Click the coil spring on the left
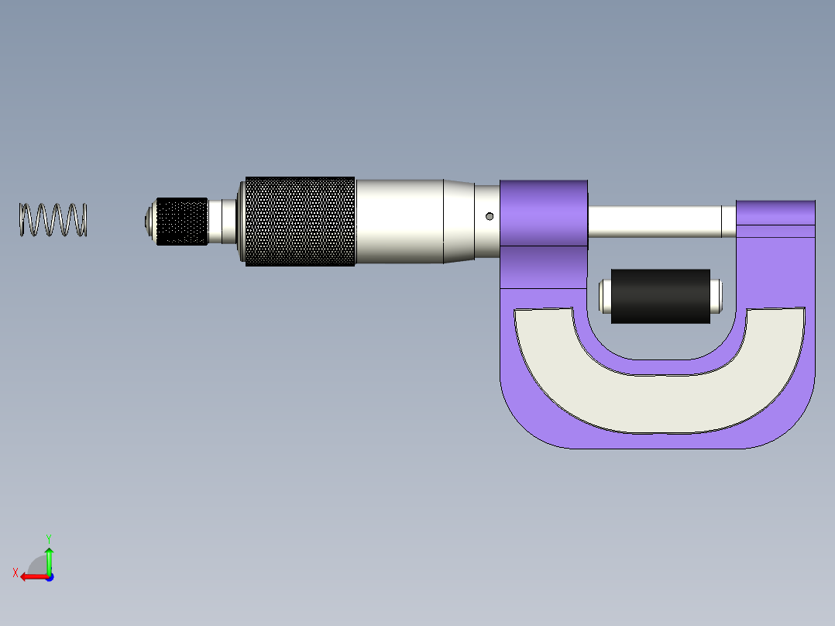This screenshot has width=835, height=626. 53,220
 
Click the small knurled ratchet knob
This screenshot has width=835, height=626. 182,222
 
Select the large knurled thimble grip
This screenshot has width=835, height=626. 300,222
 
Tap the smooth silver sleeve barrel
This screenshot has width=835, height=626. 399,222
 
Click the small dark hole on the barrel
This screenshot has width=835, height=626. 490,216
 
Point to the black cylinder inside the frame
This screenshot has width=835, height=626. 660,296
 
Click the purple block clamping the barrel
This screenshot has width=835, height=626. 543,213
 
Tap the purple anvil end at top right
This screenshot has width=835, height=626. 775,218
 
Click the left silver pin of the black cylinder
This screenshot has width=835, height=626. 605,296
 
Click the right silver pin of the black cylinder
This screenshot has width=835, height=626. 716,296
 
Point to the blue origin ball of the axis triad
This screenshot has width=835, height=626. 49,577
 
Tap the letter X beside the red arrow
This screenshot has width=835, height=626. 15,573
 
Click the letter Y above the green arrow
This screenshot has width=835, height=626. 48,537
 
